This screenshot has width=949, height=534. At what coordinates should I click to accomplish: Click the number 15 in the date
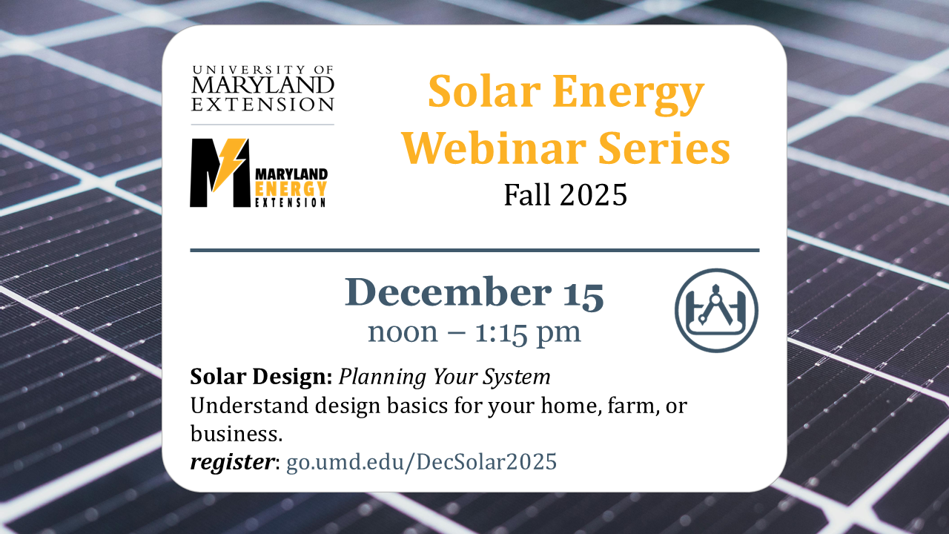[582, 293]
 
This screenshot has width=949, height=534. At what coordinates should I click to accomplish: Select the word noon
[403, 332]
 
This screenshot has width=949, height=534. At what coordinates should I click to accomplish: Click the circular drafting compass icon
[716, 310]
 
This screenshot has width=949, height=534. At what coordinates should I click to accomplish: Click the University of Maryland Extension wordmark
[262, 88]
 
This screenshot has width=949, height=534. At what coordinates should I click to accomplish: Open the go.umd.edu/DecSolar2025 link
[421, 462]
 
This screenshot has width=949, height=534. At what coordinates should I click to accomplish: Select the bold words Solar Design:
[261, 377]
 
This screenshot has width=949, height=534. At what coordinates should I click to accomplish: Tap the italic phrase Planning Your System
[445, 377]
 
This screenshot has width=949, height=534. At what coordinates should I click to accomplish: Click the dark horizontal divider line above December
[474, 251]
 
